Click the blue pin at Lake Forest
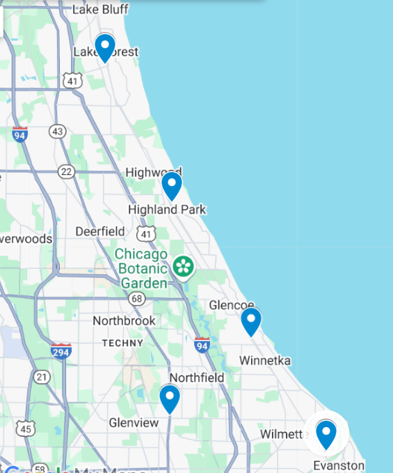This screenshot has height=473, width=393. [x=105, y=47]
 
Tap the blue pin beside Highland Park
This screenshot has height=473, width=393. [x=172, y=185]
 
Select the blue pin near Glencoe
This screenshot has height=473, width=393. [x=251, y=321]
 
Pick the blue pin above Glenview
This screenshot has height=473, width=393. [x=170, y=398]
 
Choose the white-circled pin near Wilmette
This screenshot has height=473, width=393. [x=326, y=434]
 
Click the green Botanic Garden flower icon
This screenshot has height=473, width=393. [x=183, y=266]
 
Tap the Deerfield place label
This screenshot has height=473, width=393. [x=100, y=231]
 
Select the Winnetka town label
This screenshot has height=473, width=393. [x=265, y=361]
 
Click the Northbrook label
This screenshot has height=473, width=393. [x=125, y=321]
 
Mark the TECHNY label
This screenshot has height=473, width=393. [x=122, y=343]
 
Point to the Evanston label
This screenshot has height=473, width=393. [x=339, y=465]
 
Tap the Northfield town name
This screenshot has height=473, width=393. [x=197, y=378]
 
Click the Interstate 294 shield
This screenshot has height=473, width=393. [x=61, y=350]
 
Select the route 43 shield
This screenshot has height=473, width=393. [x=58, y=132]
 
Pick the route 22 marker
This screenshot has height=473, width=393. [x=67, y=171]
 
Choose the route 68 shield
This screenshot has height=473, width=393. [x=137, y=299]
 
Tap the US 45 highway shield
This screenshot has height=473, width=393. [x=26, y=428]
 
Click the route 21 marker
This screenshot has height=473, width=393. [x=43, y=377]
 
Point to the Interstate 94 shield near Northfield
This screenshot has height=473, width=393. [x=202, y=345]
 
